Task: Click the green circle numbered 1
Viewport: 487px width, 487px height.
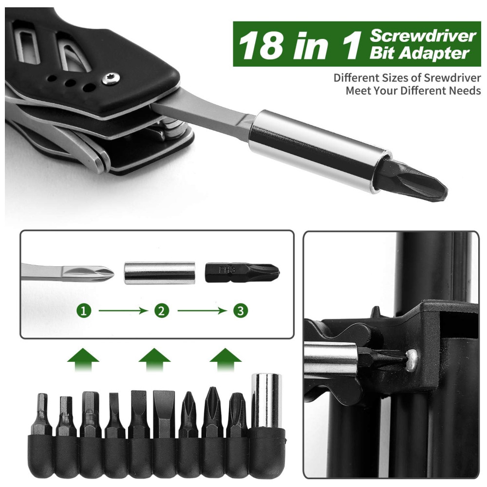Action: click(x=84, y=311)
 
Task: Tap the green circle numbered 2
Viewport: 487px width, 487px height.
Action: click(x=162, y=311)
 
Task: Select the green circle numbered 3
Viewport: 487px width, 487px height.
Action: click(x=241, y=311)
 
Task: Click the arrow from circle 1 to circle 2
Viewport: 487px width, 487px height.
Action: click(x=123, y=311)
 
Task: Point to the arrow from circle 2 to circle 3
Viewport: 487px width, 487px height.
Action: click(x=202, y=311)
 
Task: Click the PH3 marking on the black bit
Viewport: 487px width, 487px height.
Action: click(x=227, y=270)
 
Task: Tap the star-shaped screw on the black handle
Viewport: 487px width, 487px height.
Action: click(x=111, y=79)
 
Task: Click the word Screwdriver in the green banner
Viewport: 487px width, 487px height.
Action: click(x=423, y=36)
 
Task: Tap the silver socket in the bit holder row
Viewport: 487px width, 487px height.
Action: click(x=266, y=400)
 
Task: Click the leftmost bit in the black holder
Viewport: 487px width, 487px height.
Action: click(x=42, y=414)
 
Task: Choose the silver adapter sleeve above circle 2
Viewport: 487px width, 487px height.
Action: click(x=160, y=273)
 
